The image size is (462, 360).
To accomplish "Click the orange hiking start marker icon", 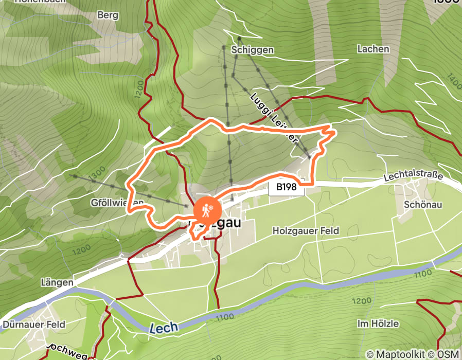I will [207, 210].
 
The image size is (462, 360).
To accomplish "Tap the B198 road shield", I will [287, 188].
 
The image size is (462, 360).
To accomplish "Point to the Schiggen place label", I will [252, 50].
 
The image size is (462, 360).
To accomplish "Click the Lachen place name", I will [373, 49].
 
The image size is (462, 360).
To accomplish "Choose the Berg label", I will [108, 15].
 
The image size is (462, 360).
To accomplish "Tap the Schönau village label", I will [423, 204].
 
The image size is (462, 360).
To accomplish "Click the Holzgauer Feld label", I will [306, 231].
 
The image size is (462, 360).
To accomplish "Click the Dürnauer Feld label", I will [34, 325].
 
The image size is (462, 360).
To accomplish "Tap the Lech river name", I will [164, 327].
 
